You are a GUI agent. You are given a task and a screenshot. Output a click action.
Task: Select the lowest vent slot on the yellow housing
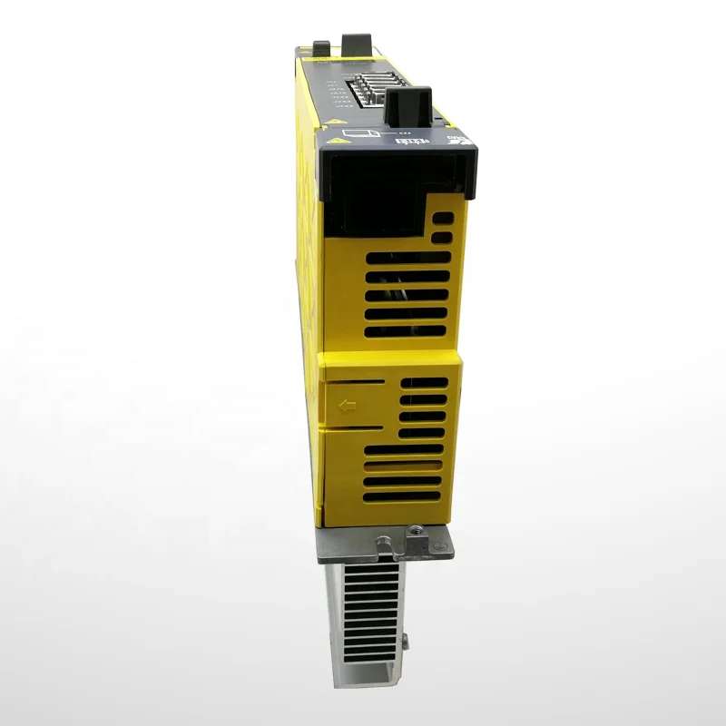[x=403, y=495]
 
